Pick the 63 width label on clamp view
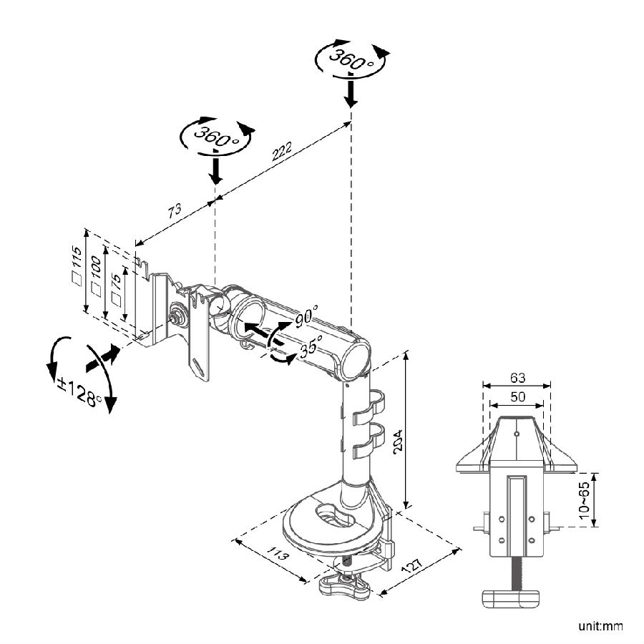(x=517, y=376)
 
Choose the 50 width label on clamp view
(x=517, y=396)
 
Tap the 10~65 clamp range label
(x=585, y=499)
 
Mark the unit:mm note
(x=600, y=627)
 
